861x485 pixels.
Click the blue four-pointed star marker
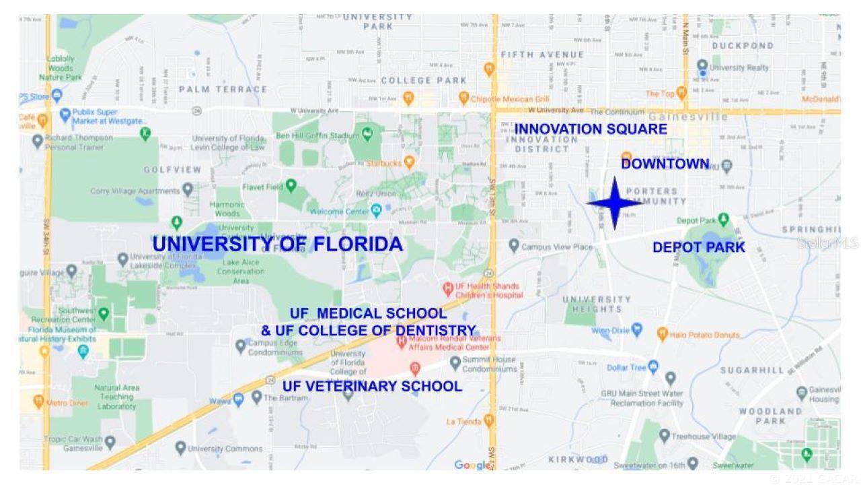click(613, 203)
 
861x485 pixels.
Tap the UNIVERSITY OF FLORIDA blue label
click(277, 245)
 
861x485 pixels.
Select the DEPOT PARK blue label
click(698, 248)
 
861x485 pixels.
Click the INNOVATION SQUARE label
click(591, 129)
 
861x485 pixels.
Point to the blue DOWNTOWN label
click(665, 164)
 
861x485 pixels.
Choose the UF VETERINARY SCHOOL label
click(372, 387)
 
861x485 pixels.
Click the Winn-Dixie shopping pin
click(638, 330)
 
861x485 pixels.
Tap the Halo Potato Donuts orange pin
click(662, 334)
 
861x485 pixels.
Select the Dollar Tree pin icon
click(653, 367)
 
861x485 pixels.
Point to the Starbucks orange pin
click(408, 162)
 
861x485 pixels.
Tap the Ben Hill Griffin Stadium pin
click(367, 135)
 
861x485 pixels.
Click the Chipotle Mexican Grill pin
click(463, 98)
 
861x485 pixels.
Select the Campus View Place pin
click(514, 246)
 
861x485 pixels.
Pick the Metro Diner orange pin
click(38, 402)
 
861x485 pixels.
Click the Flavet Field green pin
click(291, 185)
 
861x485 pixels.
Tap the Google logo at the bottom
click(473, 465)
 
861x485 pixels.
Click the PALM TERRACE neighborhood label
click(223, 89)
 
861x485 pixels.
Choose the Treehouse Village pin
click(665, 436)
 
